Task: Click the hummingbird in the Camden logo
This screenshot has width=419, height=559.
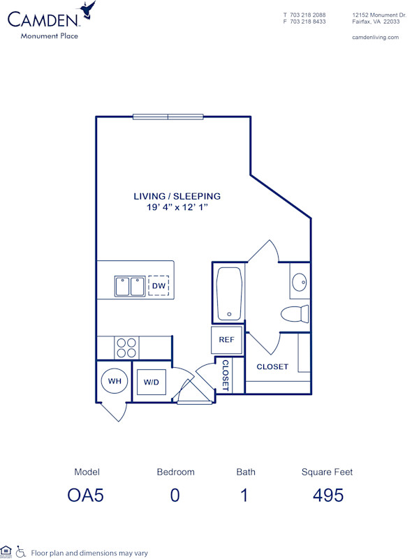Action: click(x=87, y=10)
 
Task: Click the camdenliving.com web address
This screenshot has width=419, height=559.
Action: click(x=375, y=38)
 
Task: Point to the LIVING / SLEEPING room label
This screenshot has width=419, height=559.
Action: click(x=177, y=196)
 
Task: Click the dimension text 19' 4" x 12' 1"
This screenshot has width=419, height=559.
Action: click(x=177, y=207)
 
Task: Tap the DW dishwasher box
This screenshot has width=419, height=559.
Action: click(x=159, y=285)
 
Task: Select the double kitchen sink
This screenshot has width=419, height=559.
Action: click(x=130, y=286)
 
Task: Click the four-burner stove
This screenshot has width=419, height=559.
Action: click(x=126, y=348)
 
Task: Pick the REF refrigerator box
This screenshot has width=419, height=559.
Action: click(x=226, y=340)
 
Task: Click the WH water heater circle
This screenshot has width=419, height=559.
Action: click(x=114, y=381)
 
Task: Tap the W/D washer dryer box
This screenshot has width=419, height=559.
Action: click(x=151, y=382)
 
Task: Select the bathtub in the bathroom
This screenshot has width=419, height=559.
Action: click(x=229, y=294)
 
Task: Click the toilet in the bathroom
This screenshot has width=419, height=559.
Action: click(x=295, y=313)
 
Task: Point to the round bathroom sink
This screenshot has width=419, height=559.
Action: click(x=299, y=283)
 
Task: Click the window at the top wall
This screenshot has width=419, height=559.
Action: click(x=168, y=117)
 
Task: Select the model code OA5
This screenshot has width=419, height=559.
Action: click(x=87, y=495)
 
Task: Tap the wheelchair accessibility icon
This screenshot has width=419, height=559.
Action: click(x=20, y=552)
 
